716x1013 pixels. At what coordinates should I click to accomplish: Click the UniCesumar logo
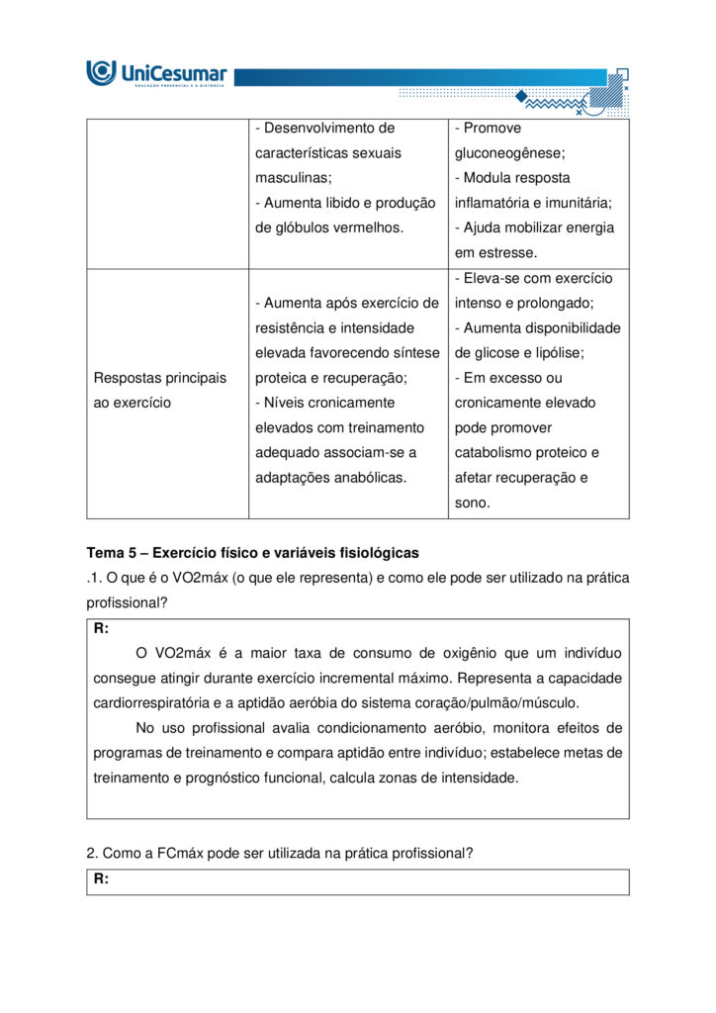[157, 73]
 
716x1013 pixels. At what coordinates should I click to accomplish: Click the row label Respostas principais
[159, 378]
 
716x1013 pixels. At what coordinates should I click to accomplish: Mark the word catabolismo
[500, 453]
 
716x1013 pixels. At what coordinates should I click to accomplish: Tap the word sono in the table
[472, 503]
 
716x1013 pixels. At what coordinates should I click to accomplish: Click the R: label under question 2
[101, 879]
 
